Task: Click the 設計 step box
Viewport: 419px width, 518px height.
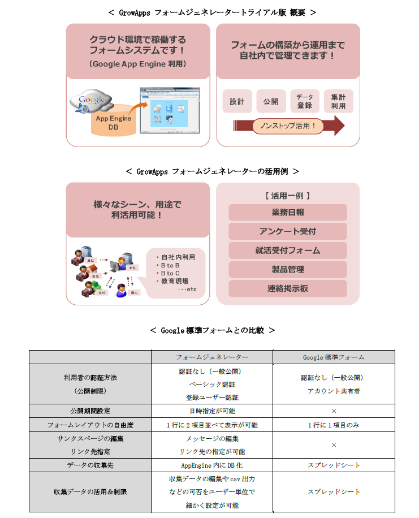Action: tap(237, 102)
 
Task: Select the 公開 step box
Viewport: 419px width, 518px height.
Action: tap(271, 102)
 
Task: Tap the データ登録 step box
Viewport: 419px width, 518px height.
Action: tap(305, 101)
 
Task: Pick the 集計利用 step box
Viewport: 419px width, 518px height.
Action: tap(339, 101)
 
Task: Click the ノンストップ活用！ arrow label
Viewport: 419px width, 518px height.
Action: tap(288, 126)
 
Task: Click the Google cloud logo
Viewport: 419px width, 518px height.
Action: tap(90, 101)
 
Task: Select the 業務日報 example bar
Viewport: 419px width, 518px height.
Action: tap(288, 213)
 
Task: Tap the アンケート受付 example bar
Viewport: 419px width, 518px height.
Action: tap(288, 231)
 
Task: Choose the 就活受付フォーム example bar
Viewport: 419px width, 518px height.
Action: tap(288, 251)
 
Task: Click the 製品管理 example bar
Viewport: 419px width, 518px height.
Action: tap(288, 269)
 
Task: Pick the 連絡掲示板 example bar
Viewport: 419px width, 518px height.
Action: tap(288, 288)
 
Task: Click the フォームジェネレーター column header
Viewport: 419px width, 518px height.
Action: tap(212, 357)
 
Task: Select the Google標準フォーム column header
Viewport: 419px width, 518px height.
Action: tap(334, 357)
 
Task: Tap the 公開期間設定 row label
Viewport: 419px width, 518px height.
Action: tap(90, 411)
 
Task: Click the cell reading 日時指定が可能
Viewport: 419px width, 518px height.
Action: tap(212, 411)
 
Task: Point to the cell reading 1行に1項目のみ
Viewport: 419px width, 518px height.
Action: tap(334, 425)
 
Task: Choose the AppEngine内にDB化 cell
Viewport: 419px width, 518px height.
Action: tap(212, 465)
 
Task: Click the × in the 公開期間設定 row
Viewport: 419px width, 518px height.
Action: tap(334, 411)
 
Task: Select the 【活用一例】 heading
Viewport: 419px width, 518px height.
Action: tap(288, 196)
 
